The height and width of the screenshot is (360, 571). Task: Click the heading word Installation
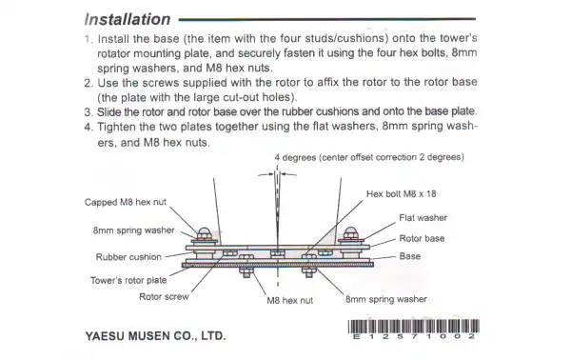(x=128, y=19)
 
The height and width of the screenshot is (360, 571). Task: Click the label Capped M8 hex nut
(x=126, y=200)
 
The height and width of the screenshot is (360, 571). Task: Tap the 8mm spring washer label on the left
(x=133, y=230)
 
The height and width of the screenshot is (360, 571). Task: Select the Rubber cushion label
(x=128, y=256)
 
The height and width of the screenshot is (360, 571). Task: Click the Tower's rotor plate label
(x=128, y=280)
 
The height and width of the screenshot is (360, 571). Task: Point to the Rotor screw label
(x=164, y=296)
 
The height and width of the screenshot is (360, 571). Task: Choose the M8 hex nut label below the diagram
(x=290, y=301)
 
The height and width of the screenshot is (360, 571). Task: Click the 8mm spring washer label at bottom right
(x=386, y=298)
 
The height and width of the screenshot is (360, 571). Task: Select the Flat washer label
(x=423, y=218)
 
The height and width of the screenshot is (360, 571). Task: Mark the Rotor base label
(x=422, y=238)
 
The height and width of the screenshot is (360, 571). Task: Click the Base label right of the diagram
(x=410, y=256)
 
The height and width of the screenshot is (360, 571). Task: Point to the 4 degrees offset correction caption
(x=368, y=156)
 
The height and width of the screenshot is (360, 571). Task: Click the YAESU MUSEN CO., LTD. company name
(x=155, y=336)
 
